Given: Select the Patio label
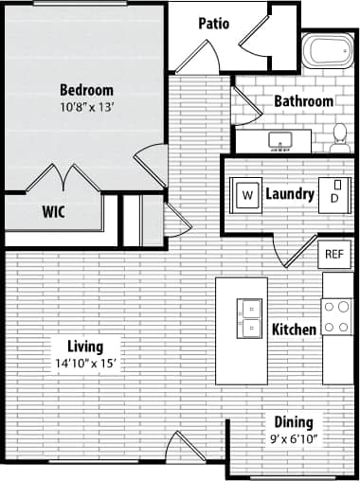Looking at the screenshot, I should click(x=214, y=24).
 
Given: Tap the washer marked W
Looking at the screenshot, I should click(x=248, y=194).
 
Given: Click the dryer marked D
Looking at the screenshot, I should click(x=334, y=196).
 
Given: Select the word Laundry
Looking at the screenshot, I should click(x=290, y=194).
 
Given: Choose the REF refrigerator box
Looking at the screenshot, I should click(x=333, y=254).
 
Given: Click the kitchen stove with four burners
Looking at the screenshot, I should click(x=336, y=316).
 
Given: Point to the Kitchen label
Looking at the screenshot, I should click(x=294, y=330).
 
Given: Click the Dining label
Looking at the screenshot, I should click(x=293, y=422).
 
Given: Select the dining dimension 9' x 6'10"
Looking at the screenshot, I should click(x=293, y=438).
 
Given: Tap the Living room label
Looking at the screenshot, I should click(x=85, y=347).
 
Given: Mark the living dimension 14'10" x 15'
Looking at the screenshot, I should click(x=85, y=363).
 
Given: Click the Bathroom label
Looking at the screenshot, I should click(x=303, y=101).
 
